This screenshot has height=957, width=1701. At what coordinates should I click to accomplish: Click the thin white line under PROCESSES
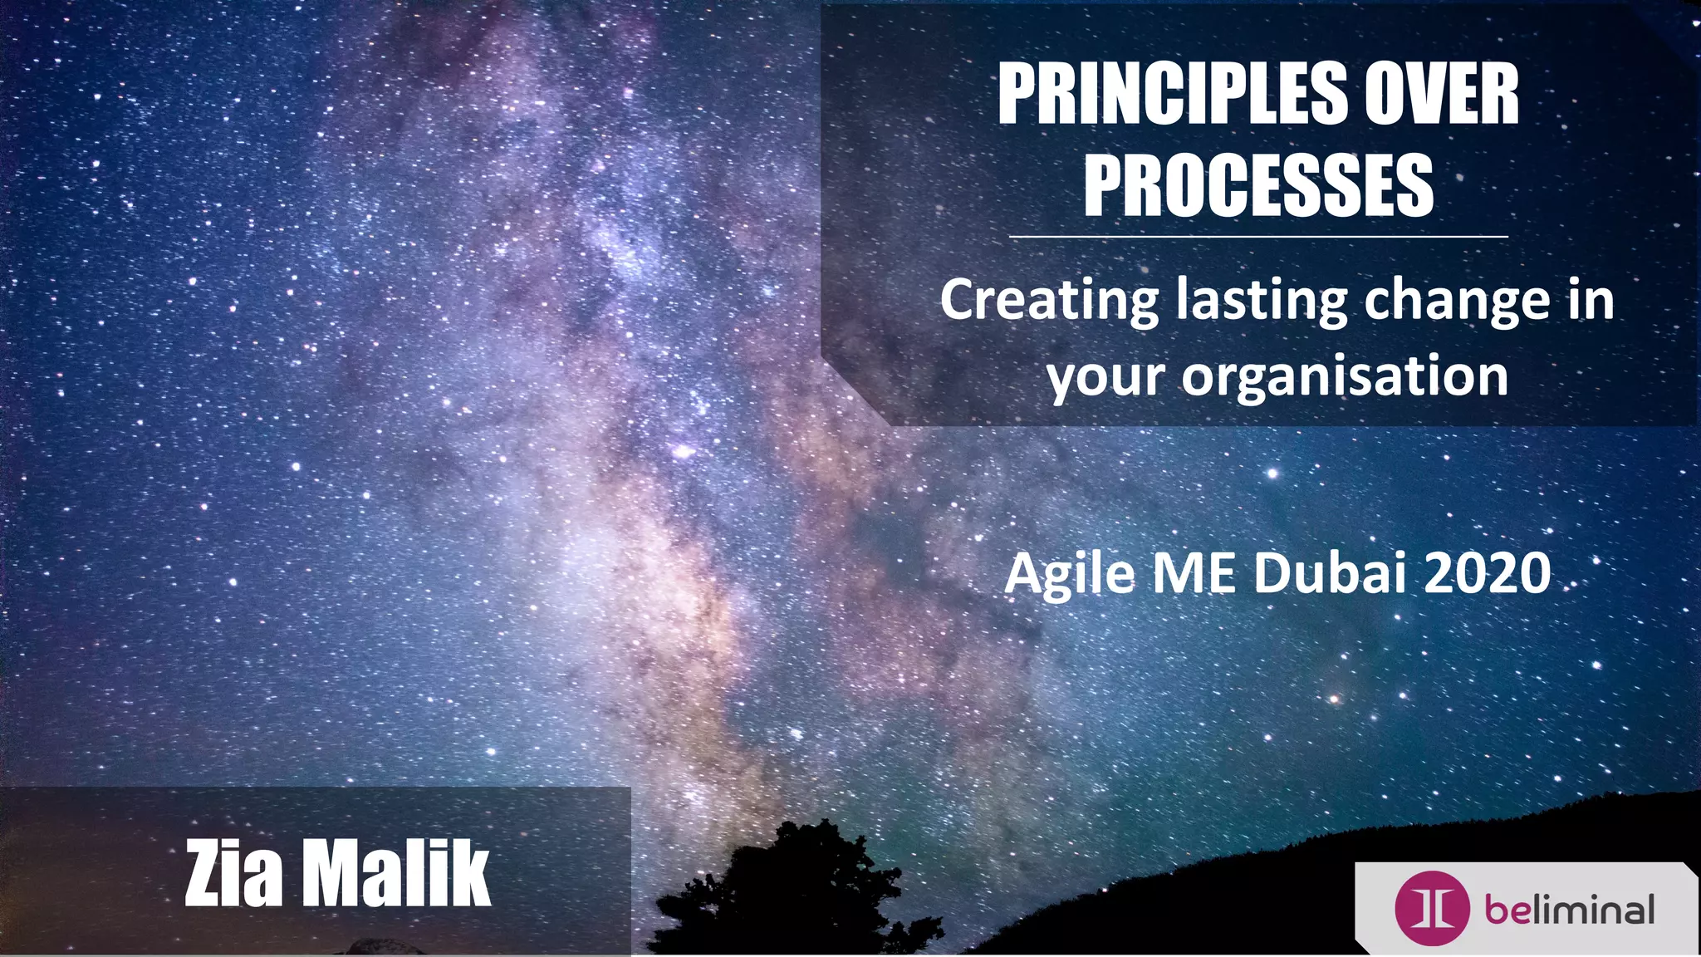tap(1258, 237)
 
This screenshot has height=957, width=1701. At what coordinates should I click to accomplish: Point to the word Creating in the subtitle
tap(1049, 301)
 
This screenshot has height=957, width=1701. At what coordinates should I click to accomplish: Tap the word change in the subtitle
tap(1457, 301)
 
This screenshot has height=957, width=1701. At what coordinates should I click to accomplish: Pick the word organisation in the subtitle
tap(1345, 376)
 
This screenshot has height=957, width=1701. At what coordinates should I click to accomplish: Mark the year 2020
tap(1487, 573)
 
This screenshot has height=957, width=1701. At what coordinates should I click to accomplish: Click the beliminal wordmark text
tap(1569, 910)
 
